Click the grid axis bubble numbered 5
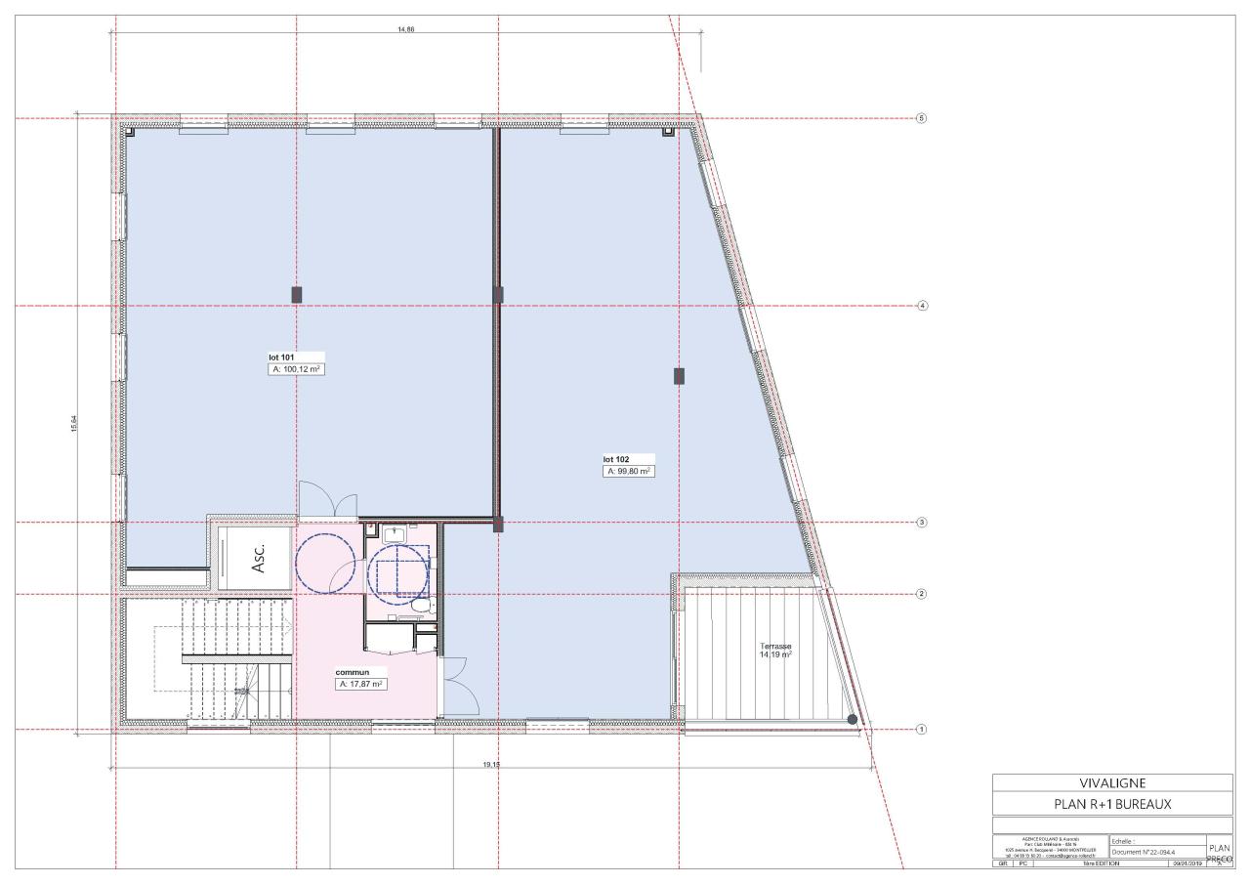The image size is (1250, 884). [x=921, y=118]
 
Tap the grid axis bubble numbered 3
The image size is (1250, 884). [x=921, y=523]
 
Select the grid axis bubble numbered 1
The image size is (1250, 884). [x=921, y=730]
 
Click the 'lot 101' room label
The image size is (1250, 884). [x=281, y=358]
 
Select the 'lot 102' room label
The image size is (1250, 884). [x=616, y=459]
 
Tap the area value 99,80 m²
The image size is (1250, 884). [x=629, y=471]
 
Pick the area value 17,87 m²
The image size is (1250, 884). [x=361, y=685]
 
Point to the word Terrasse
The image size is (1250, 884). [x=775, y=647]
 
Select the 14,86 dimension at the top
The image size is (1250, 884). [x=406, y=29]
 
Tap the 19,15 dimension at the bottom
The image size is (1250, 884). [x=490, y=766]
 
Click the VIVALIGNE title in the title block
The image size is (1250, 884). [x=1112, y=782]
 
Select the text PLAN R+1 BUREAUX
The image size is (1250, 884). [x=1112, y=804]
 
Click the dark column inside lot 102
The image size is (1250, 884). [x=679, y=376]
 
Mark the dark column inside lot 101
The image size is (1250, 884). [x=297, y=294]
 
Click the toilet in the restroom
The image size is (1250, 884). [x=421, y=606]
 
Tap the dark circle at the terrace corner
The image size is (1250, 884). [x=853, y=720]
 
